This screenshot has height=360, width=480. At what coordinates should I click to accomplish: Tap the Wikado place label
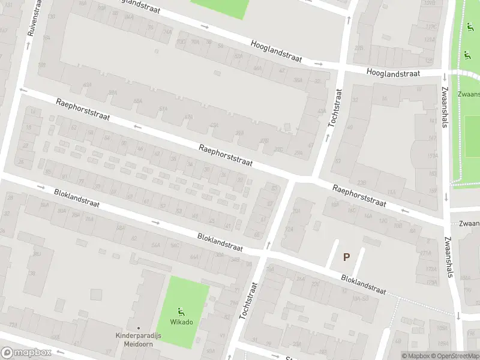pos(181,322)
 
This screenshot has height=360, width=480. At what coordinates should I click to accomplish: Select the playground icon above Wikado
pos(181,311)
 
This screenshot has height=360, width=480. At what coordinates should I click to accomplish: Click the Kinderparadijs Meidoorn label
pos(138,340)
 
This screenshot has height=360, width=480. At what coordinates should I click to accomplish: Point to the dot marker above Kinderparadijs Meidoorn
pos(138,328)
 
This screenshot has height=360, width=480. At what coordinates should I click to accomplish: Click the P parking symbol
pos(346,257)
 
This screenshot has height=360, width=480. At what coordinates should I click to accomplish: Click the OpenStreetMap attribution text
pos(457,356)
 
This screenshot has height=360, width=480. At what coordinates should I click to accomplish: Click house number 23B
pos(361,182)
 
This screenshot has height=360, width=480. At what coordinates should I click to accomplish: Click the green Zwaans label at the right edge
pos(469,95)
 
